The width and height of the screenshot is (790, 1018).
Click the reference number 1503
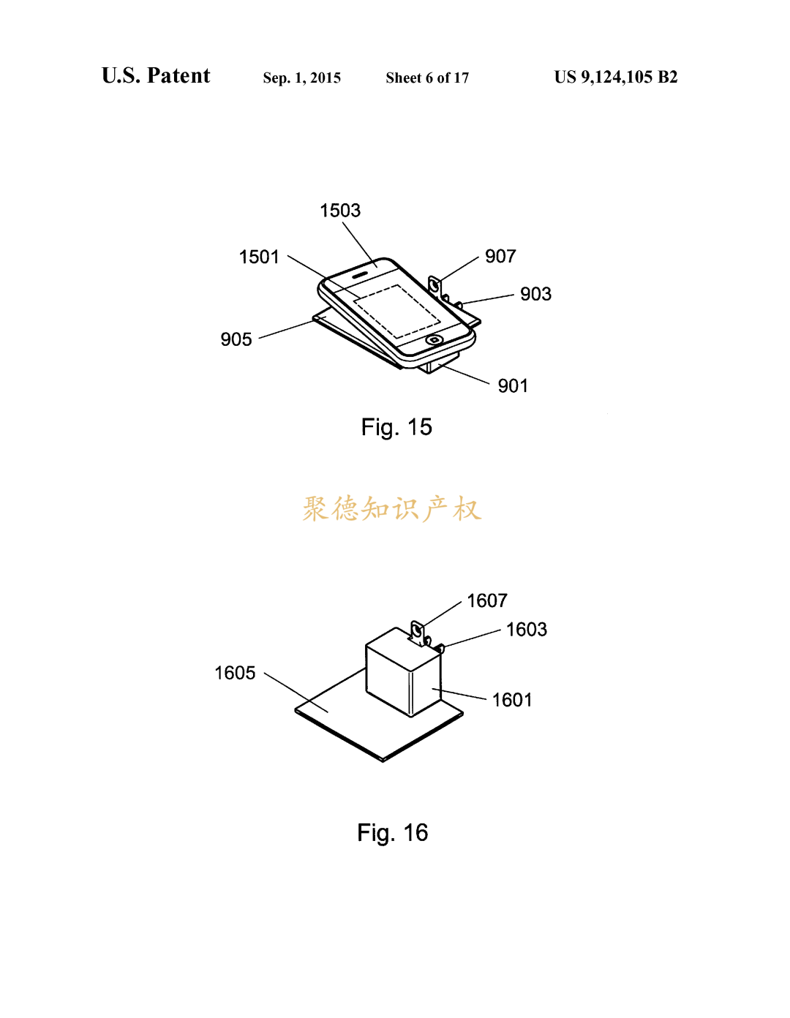pyautogui.click(x=340, y=211)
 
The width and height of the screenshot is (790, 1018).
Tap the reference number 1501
pyautogui.click(x=259, y=257)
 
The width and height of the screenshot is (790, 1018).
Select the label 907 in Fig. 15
pyautogui.click(x=500, y=256)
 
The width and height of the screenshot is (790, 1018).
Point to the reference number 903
pyautogui.click(x=536, y=294)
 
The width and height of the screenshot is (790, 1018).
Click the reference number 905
pyautogui.click(x=236, y=339)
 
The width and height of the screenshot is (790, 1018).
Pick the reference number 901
pyautogui.click(x=513, y=386)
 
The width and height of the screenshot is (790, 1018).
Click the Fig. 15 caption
pyautogui.click(x=396, y=427)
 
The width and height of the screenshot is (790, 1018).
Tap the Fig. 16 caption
pyautogui.click(x=393, y=833)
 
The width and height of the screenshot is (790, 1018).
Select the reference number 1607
pyautogui.click(x=487, y=600)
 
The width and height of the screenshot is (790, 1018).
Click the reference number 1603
pyautogui.click(x=527, y=630)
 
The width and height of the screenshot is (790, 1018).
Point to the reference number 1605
pyautogui.click(x=235, y=674)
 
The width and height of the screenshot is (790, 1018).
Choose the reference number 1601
pyautogui.click(x=512, y=701)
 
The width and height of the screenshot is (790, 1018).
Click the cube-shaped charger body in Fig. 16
pyautogui.click(x=404, y=672)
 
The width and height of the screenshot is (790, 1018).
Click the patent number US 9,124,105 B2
pyautogui.click(x=616, y=77)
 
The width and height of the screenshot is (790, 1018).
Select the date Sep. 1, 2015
pyautogui.click(x=302, y=78)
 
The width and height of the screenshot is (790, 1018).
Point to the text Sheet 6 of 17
pyautogui.click(x=427, y=78)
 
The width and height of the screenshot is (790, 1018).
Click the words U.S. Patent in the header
pyautogui.click(x=156, y=75)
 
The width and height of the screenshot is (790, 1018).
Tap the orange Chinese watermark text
pyautogui.click(x=392, y=509)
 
